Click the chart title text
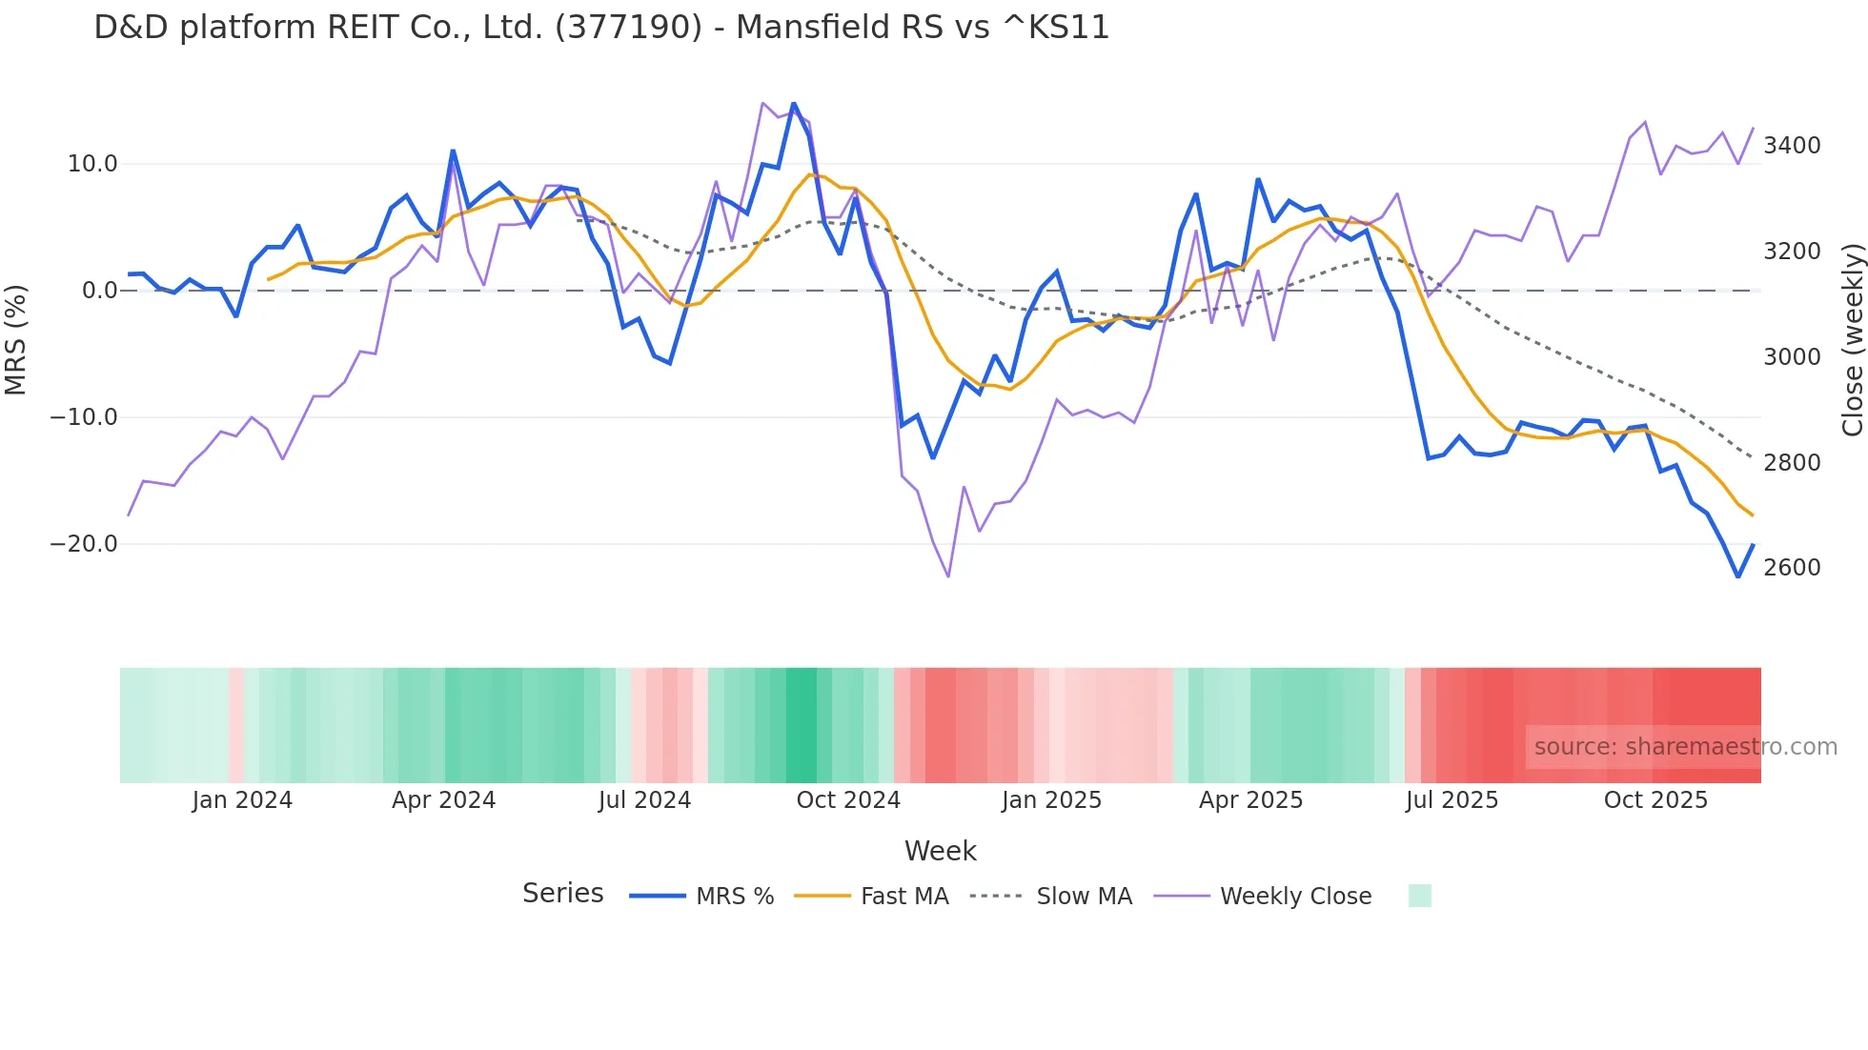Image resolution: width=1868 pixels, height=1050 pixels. [601, 28]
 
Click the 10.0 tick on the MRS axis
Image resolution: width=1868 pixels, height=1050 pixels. [92, 164]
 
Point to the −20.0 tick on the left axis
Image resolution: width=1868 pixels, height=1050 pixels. [84, 544]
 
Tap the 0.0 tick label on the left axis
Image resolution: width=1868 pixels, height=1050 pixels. [99, 291]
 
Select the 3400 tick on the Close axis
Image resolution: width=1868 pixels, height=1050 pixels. [1792, 146]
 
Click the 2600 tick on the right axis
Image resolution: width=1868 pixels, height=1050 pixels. [1792, 568]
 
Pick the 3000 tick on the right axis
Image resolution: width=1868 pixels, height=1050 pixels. [1792, 357]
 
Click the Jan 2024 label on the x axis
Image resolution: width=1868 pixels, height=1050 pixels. [242, 800]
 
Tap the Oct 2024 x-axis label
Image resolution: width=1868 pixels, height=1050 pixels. [848, 800]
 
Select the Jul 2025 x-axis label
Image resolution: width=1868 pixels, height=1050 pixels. [1452, 800]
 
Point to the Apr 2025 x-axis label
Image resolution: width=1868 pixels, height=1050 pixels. [1250, 800]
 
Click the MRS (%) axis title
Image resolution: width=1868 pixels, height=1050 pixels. [16, 339]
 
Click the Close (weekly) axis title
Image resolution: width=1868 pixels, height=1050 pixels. [1852, 339]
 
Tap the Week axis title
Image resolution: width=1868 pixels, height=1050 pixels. [940, 851]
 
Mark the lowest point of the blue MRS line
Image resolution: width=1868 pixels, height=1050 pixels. [1737, 576]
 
